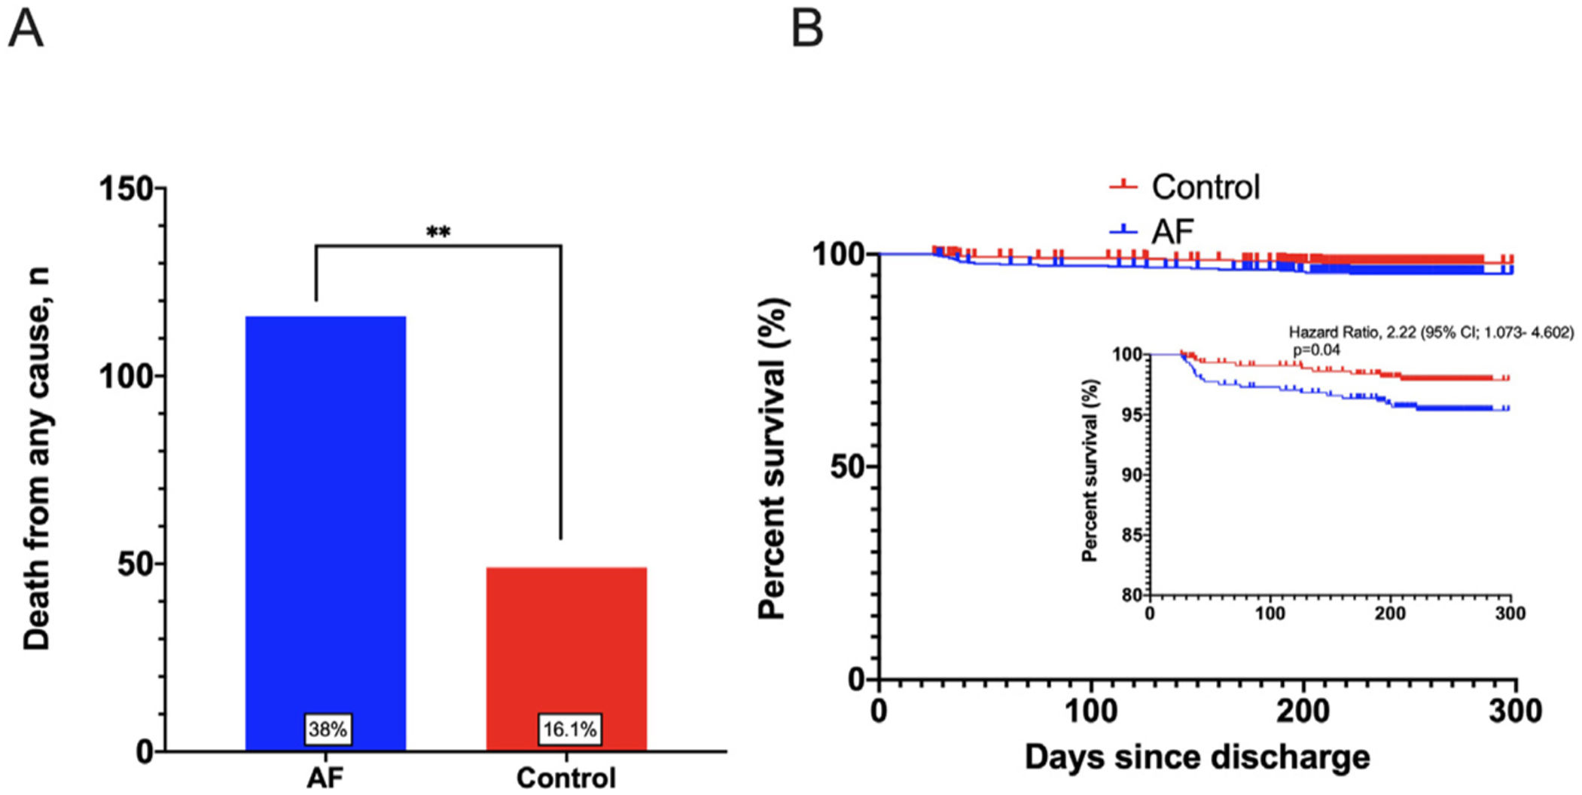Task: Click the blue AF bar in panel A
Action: [x=325, y=512]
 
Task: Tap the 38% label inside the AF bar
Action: [x=328, y=729]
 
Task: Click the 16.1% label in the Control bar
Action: [x=570, y=729]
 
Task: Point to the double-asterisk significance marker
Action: [x=438, y=232]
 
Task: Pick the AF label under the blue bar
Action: [x=325, y=777]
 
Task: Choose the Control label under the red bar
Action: [x=566, y=777]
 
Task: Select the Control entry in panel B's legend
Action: [x=1205, y=187]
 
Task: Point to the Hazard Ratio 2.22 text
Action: [x=1431, y=332]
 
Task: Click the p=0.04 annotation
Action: [x=1316, y=350]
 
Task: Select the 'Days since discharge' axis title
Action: [x=1197, y=757]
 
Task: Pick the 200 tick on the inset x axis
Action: [x=1390, y=613]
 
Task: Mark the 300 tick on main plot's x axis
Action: [x=1515, y=711]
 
